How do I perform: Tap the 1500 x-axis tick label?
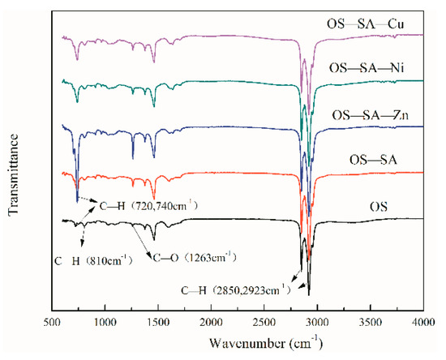coord(158,322)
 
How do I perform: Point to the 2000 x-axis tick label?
coord(211,322)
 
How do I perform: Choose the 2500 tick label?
coord(264,322)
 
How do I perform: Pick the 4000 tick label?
coord(422,322)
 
